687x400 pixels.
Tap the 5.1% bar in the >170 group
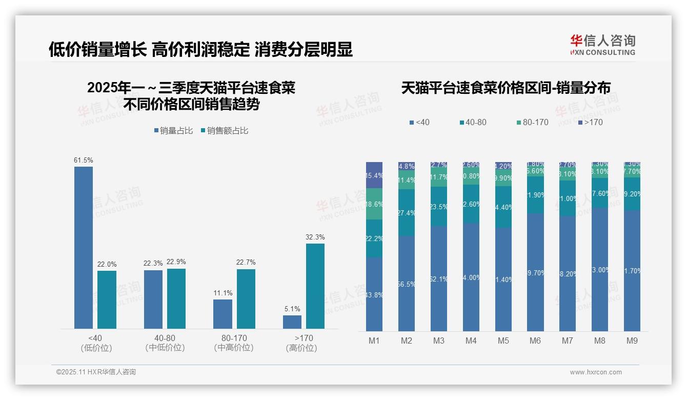coord(292,322)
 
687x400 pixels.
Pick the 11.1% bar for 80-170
coord(223,314)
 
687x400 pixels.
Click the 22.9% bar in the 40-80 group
coord(176,298)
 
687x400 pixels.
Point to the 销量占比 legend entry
coord(173,131)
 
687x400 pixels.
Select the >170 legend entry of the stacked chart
coord(591,122)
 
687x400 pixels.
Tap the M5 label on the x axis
coord(503,341)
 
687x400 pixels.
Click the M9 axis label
coord(632,341)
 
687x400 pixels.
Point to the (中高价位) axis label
coord(234,348)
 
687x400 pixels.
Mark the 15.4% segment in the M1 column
coord(374,175)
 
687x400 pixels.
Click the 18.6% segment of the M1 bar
coord(374,204)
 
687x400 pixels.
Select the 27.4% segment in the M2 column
coord(407,212)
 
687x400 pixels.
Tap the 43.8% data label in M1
coord(374,295)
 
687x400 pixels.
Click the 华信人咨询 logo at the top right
coord(602,45)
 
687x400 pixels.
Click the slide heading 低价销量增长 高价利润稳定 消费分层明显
coord(200,50)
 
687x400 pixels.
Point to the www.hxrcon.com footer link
coord(596,372)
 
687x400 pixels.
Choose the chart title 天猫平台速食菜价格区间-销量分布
coord(506,88)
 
